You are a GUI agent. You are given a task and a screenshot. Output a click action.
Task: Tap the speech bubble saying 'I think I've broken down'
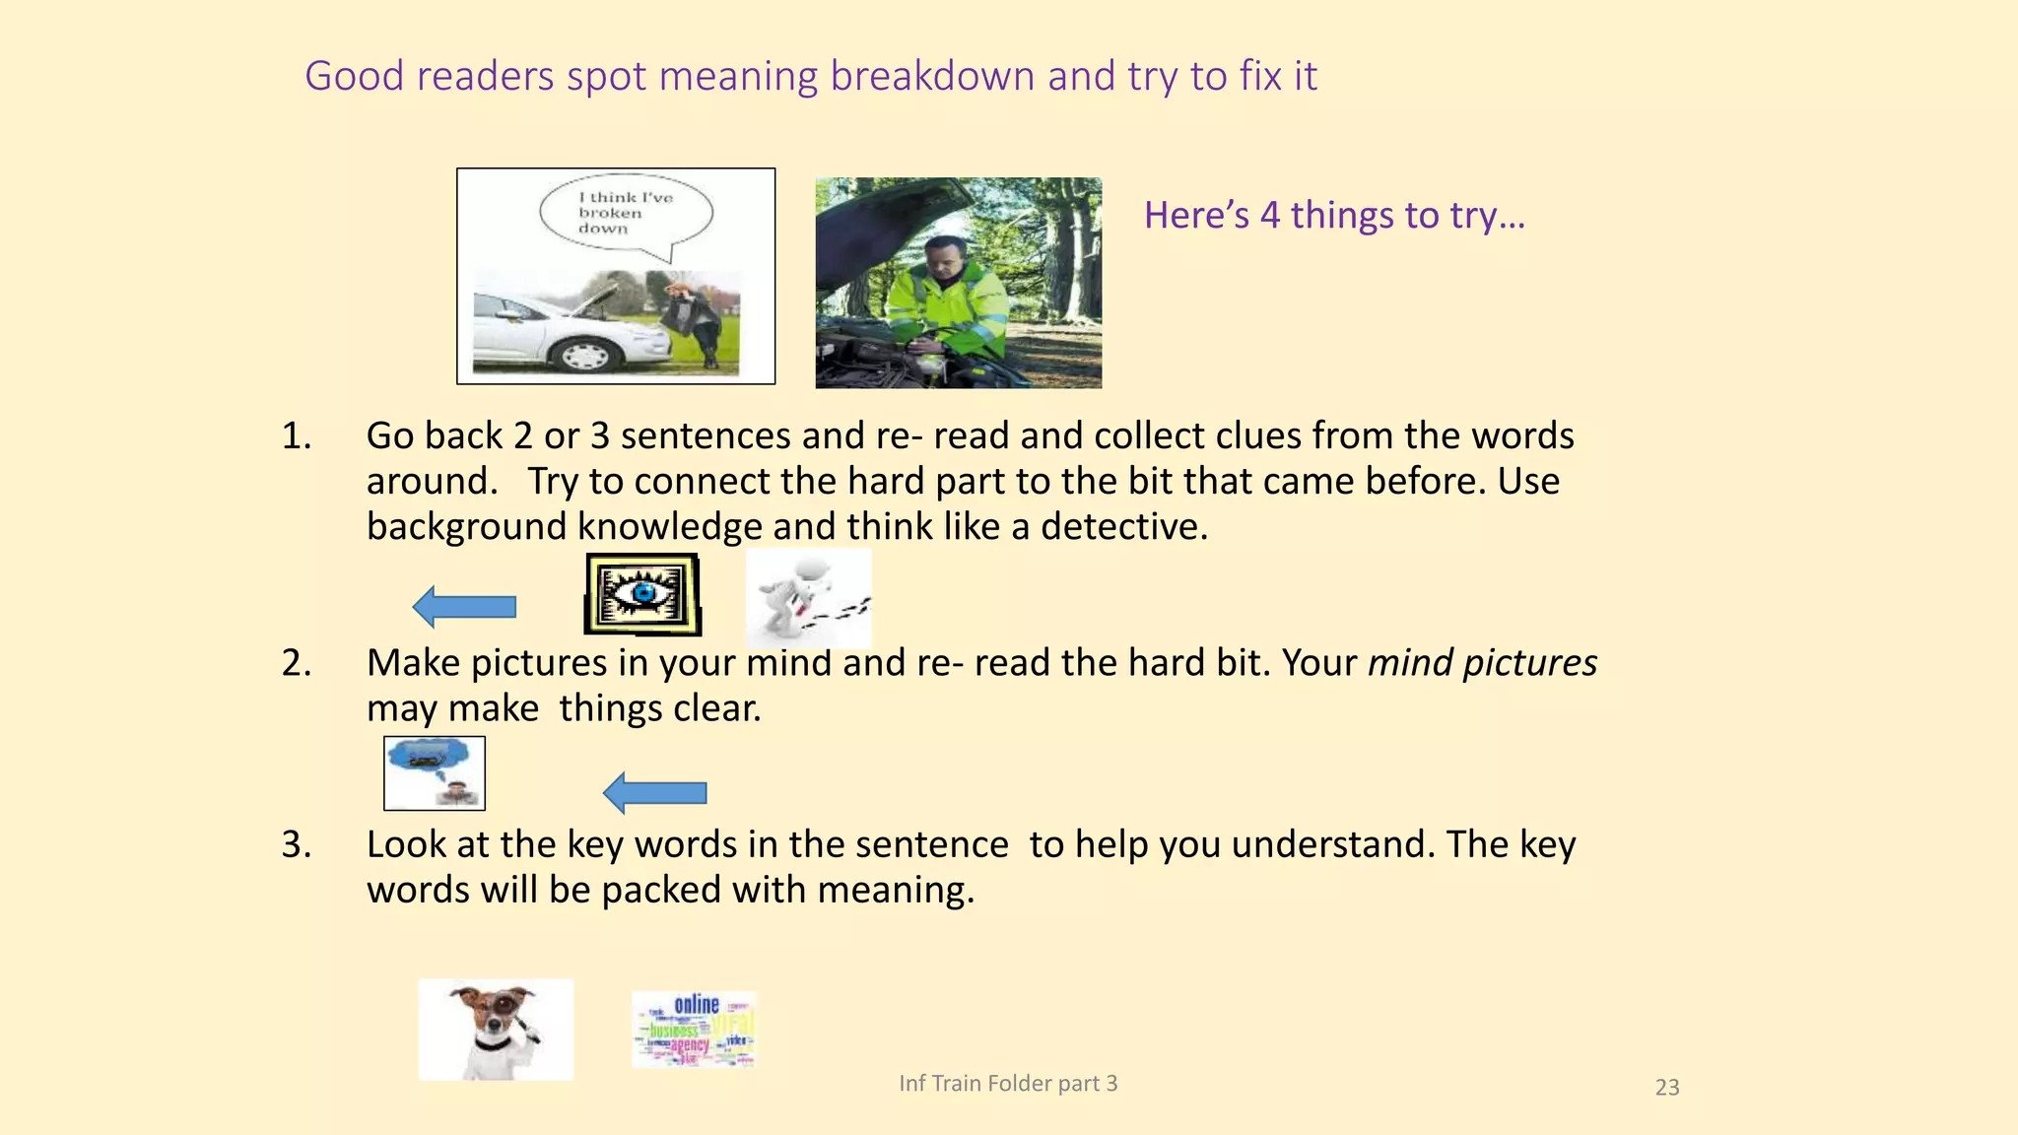(626, 213)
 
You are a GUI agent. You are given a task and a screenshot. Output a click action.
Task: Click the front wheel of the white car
(584, 354)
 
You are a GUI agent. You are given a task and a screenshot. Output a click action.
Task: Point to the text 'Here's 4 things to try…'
(1334, 215)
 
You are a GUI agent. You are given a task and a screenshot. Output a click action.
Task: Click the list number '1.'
(297, 435)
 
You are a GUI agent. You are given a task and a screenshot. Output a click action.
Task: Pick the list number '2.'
(297, 663)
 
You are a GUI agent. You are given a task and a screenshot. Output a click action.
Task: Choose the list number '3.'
(297, 844)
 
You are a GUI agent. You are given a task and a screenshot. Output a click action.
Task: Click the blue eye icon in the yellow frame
(642, 594)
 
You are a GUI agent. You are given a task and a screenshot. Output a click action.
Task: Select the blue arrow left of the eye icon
(464, 606)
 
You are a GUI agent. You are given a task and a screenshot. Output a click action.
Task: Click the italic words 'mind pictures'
(1482, 663)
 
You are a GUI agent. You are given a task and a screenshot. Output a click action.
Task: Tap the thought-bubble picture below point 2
(435, 773)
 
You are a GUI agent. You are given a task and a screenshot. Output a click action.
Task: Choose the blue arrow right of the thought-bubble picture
(654, 792)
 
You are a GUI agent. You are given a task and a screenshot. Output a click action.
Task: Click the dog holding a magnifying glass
(496, 1029)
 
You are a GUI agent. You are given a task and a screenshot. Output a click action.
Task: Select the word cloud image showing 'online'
(694, 1030)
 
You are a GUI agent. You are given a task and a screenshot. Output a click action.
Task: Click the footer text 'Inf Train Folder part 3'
(1008, 1084)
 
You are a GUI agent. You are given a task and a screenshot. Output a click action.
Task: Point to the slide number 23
(1667, 1088)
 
